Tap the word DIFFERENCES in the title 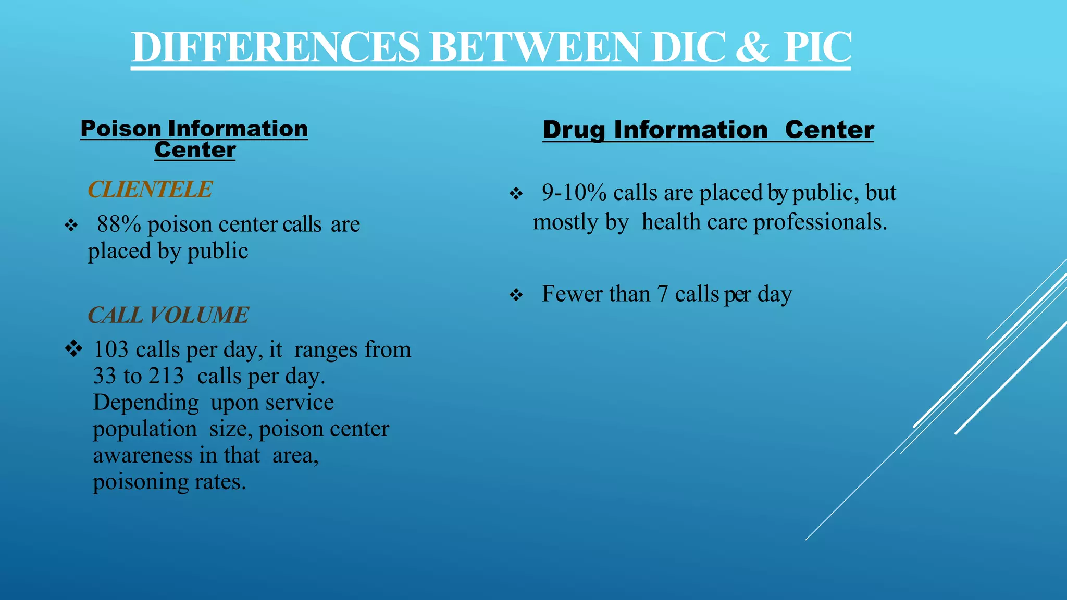pyautogui.click(x=276, y=47)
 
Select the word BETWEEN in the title pyautogui.click(x=535, y=47)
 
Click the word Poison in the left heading pyautogui.click(x=121, y=129)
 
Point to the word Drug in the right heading pyautogui.click(x=574, y=130)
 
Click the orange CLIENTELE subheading pyautogui.click(x=150, y=189)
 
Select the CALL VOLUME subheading pyautogui.click(x=168, y=315)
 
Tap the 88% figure pyautogui.click(x=119, y=224)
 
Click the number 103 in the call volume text pyautogui.click(x=110, y=349)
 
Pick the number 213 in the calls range pyautogui.click(x=166, y=376)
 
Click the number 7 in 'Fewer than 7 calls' pyautogui.click(x=662, y=294)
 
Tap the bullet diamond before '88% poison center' pyautogui.click(x=71, y=226)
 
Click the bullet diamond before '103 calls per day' pyautogui.click(x=73, y=348)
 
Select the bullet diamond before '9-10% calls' pyautogui.click(x=516, y=194)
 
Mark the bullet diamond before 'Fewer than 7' pyautogui.click(x=516, y=295)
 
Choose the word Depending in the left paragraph pyautogui.click(x=146, y=403)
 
